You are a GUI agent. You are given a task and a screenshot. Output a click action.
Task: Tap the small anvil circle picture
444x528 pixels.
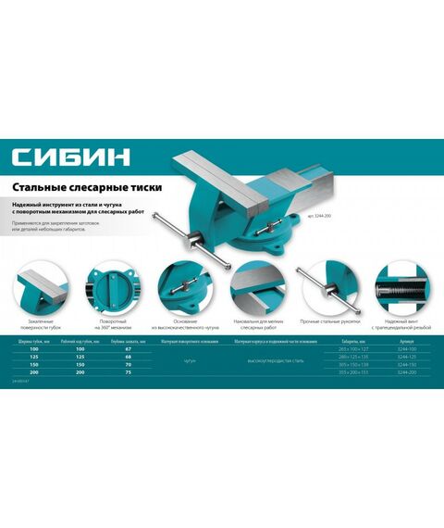(x=255, y=288)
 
